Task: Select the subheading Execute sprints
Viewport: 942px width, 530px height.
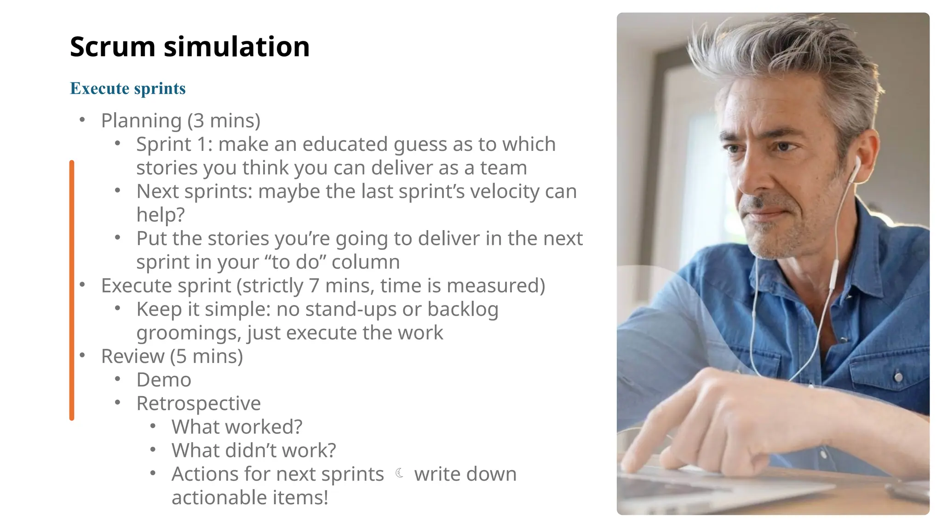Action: point(128,88)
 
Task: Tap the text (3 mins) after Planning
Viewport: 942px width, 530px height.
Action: point(224,121)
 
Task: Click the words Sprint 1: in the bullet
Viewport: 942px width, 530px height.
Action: point(174,144)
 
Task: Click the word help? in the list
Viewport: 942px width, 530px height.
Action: point(161,215)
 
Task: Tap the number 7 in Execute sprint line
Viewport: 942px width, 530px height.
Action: point(314,286)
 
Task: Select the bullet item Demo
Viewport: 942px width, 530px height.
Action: point(164,380)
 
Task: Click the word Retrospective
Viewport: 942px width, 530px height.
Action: point(199,403)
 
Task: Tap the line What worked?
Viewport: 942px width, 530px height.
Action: point(237,427)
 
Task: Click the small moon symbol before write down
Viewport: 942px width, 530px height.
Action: point(399,473)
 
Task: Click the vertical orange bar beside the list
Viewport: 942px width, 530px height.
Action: point(72,290)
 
